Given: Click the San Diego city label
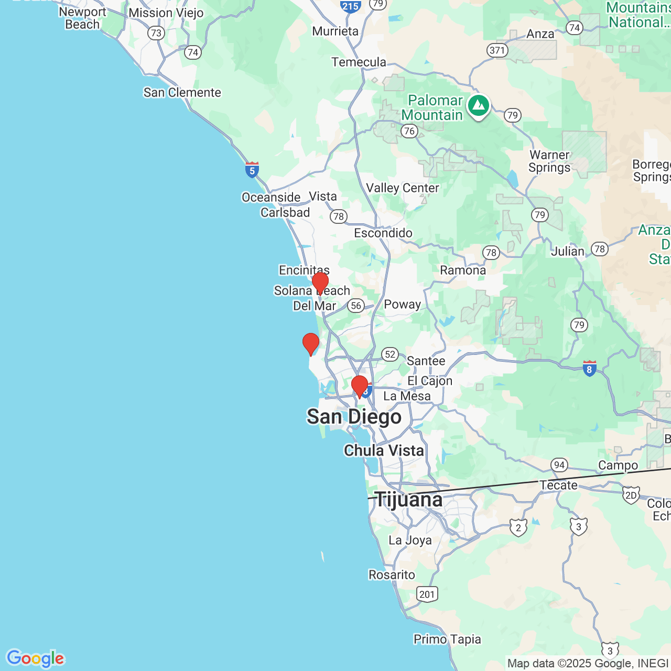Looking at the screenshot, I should click(x=354, y=417).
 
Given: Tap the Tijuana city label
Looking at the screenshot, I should click(x=409, y=500).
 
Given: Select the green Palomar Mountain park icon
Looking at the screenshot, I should click(x=478, y=106).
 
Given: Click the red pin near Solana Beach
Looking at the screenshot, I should click(x=320, y=283).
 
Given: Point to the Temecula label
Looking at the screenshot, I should click(x=359, y=62).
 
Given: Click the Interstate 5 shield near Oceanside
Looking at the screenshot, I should click(x=252, y=170).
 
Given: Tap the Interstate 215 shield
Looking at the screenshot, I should click(x=350, y=6).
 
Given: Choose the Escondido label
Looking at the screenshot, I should click(x=383, y=233).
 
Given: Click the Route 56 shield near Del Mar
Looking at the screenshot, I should click(x=356, y=306).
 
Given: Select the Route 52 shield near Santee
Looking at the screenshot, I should click(x=390, y=354).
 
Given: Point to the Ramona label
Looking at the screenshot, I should click(x=463, y=270).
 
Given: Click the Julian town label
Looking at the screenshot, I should click(x=567, y=252).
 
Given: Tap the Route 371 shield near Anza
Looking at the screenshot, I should click(x=497, y=50).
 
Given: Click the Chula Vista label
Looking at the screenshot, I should click(x=384, y=450).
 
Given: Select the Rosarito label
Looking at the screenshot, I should click(x=392, y=575).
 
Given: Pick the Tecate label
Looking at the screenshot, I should click(x=559, y=485).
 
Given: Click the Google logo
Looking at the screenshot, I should click(x=35, y=658).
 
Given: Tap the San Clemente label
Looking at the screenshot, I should click(x=182, y=93).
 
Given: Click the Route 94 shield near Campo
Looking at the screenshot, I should click(x=559, y=465).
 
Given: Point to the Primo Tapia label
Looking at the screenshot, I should click(x=447, y=640).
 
